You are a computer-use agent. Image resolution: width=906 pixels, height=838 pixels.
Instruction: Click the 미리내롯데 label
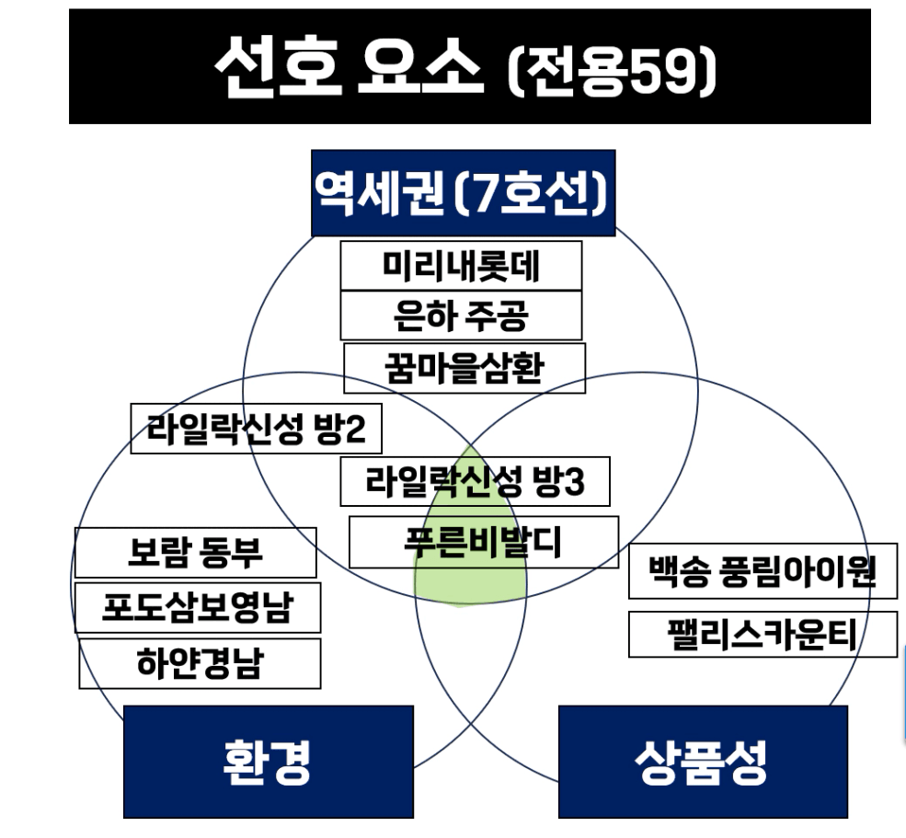tap(461, 266)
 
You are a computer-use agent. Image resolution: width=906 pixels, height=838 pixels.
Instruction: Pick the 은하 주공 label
tap(461, 316)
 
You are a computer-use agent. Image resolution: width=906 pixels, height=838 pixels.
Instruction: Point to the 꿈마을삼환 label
tap(464, 368)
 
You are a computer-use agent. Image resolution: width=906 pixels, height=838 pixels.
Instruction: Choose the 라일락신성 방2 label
tap(256, 429)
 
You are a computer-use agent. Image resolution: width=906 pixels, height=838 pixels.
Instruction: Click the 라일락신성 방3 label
tap(475, 482)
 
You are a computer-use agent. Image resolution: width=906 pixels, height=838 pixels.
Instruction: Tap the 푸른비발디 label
tap(484, 541)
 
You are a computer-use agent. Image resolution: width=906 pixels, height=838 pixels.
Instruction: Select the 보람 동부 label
tap(195, 553)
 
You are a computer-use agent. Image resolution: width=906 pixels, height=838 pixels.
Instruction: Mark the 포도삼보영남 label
tap(198, 607)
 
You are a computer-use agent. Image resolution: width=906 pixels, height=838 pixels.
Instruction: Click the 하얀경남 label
tap(200, 663)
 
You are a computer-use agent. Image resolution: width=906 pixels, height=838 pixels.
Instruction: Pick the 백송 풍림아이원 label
tap(763, 571)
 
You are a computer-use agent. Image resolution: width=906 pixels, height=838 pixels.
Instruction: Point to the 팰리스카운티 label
tap(763, 634)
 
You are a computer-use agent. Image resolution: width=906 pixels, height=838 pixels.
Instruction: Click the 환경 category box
tap(268, 762)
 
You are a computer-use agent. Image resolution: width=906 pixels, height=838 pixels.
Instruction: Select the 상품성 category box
tap(702, 762)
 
